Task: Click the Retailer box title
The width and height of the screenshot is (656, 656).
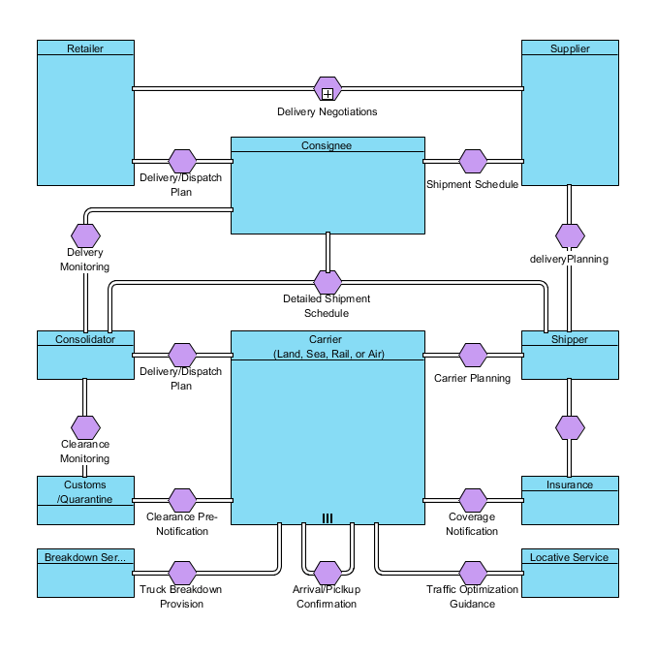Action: coord(85,48)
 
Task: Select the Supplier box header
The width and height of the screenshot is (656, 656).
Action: coord(570,48)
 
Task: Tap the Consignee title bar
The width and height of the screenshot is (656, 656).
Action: coord(328,145)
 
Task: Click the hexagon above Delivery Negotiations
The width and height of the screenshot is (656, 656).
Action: coord(328,89)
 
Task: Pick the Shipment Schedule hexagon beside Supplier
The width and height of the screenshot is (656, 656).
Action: coord(473,161)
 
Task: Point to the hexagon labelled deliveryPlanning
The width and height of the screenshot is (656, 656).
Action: coord(570,235)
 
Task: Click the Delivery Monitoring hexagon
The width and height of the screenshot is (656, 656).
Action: coord(86,234)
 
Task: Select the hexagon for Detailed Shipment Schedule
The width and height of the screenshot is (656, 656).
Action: coord(328,282)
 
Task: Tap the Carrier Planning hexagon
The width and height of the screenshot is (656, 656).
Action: coord(473,355)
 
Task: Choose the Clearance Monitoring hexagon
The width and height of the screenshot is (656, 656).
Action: coord(86,426)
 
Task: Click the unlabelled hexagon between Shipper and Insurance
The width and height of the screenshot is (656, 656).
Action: coord(570,426)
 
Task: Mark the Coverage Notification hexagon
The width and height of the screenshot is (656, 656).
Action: coord(473,500)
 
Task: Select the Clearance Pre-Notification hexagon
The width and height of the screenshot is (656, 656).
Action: coord(182,500)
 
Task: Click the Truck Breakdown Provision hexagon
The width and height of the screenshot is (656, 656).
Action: coord(182,573)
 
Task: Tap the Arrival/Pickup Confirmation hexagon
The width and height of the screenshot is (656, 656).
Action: coord(328,573)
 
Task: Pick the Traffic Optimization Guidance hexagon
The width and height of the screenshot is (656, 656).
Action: coord(473,573)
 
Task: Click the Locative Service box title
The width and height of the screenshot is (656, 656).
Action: coord(570,557)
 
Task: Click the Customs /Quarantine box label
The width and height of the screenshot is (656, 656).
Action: coord(85,491)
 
